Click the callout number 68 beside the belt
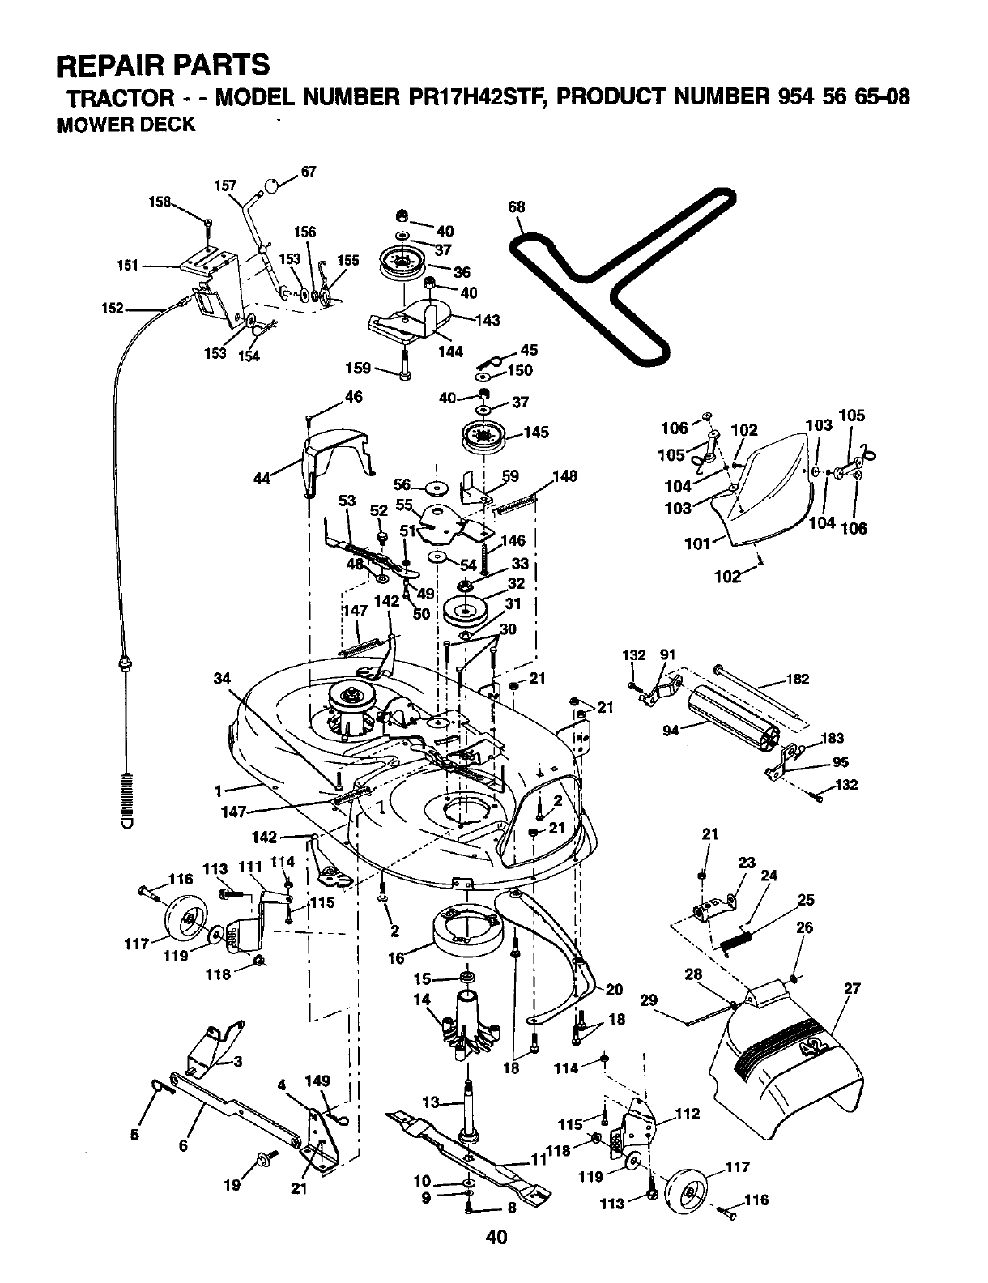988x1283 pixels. [x=517, y=207]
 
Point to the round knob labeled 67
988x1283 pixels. [x=270, y=185]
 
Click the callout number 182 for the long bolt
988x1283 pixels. [x=798, y=679]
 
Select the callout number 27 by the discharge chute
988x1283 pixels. [x=852, y=988]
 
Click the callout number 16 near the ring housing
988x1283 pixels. [x=396, y=958]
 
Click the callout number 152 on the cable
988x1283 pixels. [x=112, y=308]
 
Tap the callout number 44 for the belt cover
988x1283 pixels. [x=262, y=478]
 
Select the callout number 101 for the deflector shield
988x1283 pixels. [x=696, y=543]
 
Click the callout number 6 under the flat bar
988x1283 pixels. [x=183, y=1146]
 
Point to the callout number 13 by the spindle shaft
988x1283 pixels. [x=431, y=1102]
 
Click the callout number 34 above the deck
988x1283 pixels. [x=222, y=679]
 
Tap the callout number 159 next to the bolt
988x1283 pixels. [x=358, y=369]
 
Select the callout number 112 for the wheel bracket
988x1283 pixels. [x=688, y=1114]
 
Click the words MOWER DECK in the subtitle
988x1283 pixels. [x=126, y=125]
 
